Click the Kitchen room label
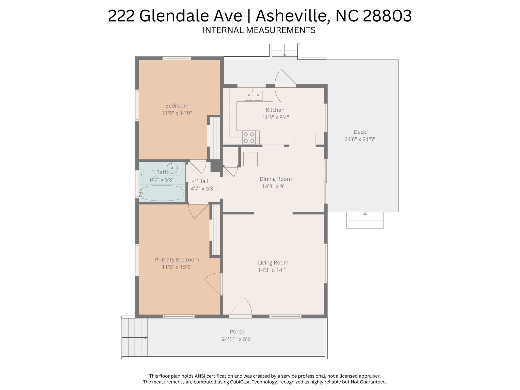(275, 110)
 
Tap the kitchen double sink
(253, 95)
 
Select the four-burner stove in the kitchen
(249, 138)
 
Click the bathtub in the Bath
(162, 193)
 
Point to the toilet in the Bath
(147, 175)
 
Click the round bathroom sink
(172, 168)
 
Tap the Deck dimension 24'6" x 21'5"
(359, 139)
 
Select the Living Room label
(273, 262)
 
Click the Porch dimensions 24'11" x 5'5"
(237, 339)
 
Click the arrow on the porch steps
(146, 337)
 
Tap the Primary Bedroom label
(177, 259)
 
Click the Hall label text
(203, 181)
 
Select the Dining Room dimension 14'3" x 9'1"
(276, 186)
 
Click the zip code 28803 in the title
(387, 16)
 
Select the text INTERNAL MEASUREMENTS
(259, 30)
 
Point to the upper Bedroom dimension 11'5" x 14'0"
(177, 113)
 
